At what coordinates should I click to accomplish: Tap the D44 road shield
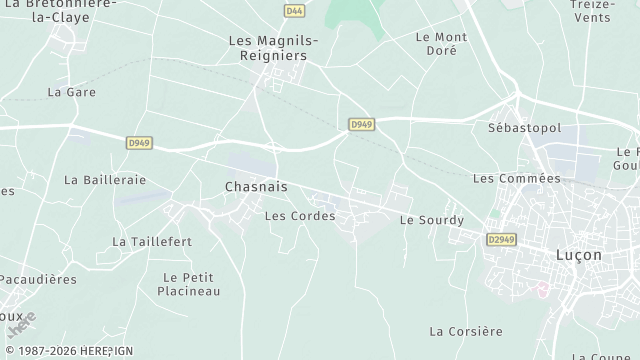(293, 11)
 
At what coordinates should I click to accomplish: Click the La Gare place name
(70, 92)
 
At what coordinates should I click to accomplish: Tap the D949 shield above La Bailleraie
(139, 143)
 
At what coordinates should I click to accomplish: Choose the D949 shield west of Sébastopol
(362, 124)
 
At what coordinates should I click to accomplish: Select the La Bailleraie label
(105, 180)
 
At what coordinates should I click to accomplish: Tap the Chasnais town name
(256, 187)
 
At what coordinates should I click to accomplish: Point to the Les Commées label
(516, 178)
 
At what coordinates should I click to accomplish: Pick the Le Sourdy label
(432, 220)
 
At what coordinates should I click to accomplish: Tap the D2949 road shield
(504, 240)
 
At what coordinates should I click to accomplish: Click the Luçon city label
(578, 255)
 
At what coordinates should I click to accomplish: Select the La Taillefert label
(152, 242)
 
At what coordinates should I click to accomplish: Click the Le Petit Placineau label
(189, 284)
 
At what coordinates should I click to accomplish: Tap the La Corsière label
(465, 331)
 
